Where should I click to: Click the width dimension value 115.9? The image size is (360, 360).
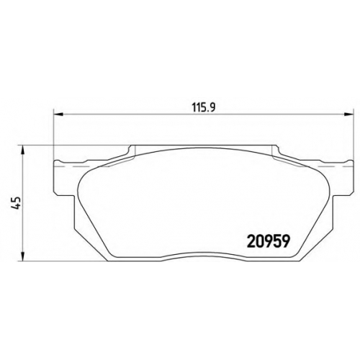click(204, 108)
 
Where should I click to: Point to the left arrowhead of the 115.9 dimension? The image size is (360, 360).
click(58, 114)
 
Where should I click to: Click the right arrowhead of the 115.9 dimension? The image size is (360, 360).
click(349, 114)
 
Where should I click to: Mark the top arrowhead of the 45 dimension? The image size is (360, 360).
click(22, 150)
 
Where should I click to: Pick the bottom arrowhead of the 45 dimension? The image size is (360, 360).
click(22, 256)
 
